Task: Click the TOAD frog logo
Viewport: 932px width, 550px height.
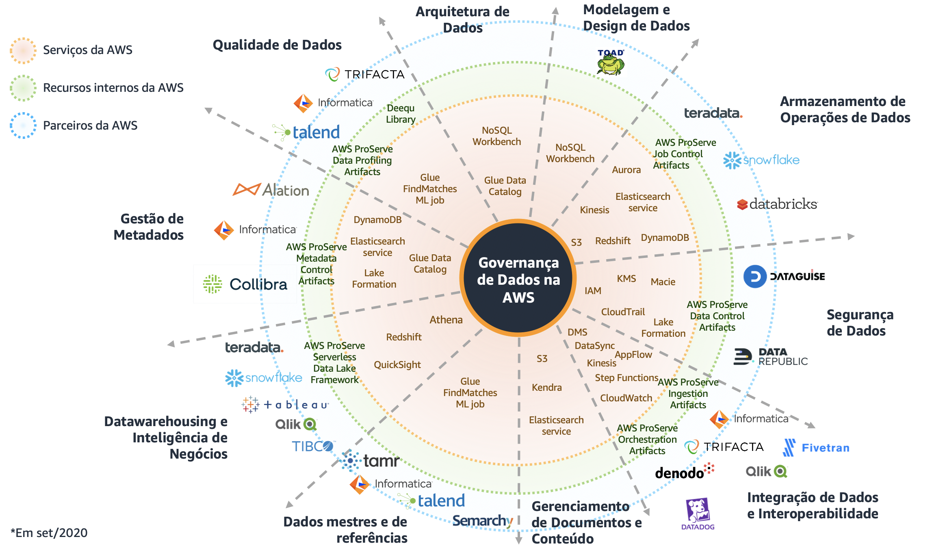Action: pyautogui.click(x=610, y=63)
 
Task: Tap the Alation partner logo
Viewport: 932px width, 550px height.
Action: pyautogui.click(x=271, y=190)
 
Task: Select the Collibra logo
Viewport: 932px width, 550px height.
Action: pyautogui.click(x=245, y=284)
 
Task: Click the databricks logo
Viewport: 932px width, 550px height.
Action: pyautogui.click(x=777, y=204)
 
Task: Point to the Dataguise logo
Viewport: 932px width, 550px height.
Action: pyautogui.click(x=784, y=277)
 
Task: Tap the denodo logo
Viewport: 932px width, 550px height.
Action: pyautogui.click(x=684, y=472)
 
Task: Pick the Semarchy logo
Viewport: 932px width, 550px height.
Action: pyautogui.click(x=483, y=520)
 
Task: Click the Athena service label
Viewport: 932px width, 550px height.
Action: pyautogui.click(x=446, y=320)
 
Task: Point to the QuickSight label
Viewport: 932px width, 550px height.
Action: pyautogui.click(x=397, y=364)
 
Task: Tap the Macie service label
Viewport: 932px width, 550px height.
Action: pyautogui.click(x=663, y=282)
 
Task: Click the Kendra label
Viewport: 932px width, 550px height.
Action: pyautogui.click(x=546, y=388)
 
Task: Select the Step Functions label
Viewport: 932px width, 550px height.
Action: pyautogui.click(x=626, y=378)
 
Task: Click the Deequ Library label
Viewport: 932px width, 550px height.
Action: pyautogui.click(x=401, y=114)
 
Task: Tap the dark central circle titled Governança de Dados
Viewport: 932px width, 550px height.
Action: pyautogui.click(x=518, y=279)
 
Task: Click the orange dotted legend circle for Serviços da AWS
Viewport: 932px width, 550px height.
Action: pyautogui.click(x=23, y=50)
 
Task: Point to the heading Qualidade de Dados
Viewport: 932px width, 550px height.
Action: pyautogui.click(x=277, y=45)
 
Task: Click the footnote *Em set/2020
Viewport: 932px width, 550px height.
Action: pyautogui.click(x=49, y=533)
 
